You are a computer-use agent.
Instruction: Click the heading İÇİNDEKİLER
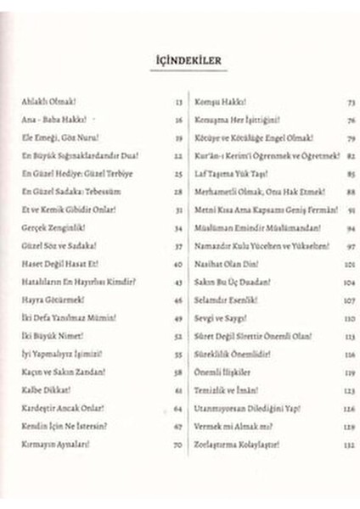[x=180, y=61]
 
